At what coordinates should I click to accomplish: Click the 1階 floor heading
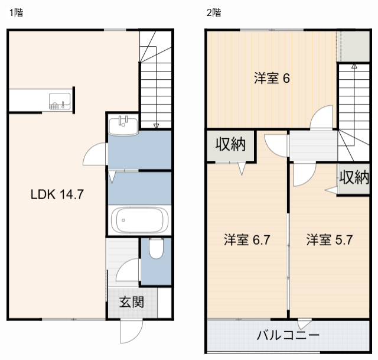15,12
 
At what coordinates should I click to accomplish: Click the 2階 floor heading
214,12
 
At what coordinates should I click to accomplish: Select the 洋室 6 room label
271,78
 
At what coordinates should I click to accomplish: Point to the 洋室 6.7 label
247,240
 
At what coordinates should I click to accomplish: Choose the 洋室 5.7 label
330,240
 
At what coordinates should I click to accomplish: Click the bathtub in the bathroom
139,220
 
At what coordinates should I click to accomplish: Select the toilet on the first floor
156,248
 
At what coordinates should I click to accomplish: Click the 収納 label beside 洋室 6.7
230,144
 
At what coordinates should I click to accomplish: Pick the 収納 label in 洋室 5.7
354,177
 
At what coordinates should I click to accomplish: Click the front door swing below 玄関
130,331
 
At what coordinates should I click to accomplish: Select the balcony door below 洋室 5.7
304,324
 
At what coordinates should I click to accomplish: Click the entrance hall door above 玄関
127,273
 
